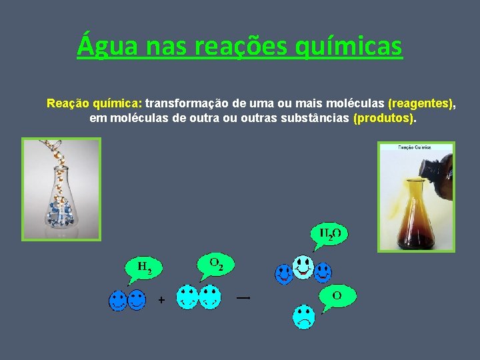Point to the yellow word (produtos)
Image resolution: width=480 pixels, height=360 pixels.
384,118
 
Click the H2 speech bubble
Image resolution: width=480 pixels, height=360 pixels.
144,267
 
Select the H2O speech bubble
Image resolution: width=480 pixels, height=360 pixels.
330,234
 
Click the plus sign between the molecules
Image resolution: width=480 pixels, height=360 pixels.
161,301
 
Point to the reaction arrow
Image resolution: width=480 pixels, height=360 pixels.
243,298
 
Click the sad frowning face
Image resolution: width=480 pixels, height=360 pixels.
304,316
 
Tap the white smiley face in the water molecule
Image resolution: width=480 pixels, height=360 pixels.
303,267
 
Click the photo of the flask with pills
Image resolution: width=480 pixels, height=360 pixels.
61,189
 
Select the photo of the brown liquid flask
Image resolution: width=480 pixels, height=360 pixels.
416,197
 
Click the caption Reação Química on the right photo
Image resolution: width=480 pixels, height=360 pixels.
415,147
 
